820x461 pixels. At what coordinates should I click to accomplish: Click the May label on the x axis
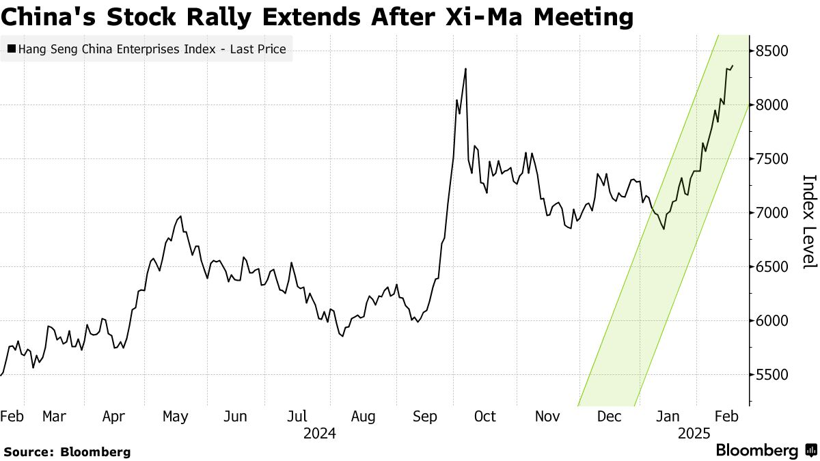(176, 417)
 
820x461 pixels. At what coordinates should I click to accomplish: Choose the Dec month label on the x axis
(608, 417)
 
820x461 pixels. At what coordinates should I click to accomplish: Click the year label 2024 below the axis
(319, 434)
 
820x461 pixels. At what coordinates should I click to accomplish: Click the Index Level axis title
(809, 221)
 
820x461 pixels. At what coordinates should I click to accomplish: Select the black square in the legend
(12, 49)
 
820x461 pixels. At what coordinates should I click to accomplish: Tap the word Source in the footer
(28, 451)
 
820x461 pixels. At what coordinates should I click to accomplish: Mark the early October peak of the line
(465, 68)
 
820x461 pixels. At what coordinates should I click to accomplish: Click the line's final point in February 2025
(733, 66)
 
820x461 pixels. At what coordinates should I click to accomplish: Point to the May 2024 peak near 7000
(180, 216)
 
